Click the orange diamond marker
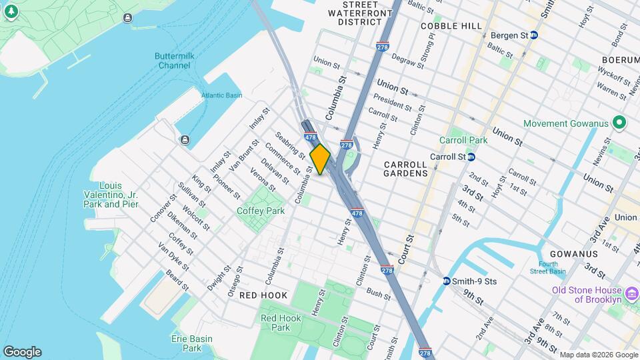point(320,159)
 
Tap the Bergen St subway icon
point(533,35)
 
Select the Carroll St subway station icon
point(471,157)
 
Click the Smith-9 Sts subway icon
point(446,281)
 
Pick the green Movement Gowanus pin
point(619,123)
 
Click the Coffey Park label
point(261,211)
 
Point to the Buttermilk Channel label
point(174,61)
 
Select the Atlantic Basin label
point(222,95)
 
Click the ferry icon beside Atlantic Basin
point(184,139)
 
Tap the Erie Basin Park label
point(193,343)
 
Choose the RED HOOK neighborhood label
point(263,295)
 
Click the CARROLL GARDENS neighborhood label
point(406,169)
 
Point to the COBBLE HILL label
point(451,26)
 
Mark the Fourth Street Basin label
point(548,268)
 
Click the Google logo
point(22,351)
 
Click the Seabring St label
point(290,144)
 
